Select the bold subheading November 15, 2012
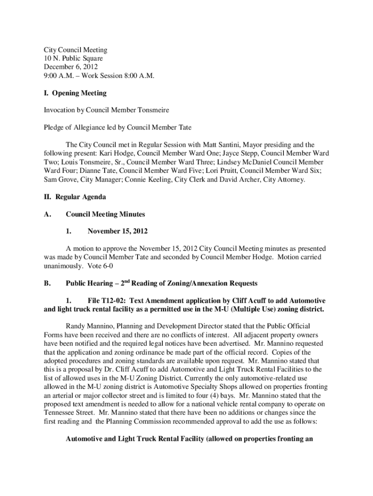coord(118,231)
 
